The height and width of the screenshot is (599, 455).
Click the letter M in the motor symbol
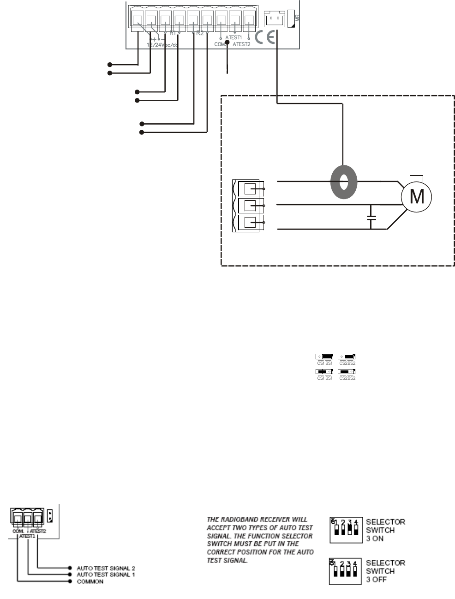(x=417, y=197)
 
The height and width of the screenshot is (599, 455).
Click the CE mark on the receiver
(x=265, y=37)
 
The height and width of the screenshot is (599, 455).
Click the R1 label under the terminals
(x=173, y=33)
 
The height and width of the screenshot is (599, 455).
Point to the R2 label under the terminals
(x=200, y=33)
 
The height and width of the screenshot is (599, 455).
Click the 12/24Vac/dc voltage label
(x=162, y=45)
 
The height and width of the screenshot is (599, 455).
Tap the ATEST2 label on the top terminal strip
(x=241, y=44)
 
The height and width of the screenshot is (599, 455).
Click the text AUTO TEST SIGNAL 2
(x=106, y=568)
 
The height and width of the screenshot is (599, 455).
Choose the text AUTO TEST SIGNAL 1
(x=106, y=575)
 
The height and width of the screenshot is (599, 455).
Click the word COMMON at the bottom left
(x=90, y=581)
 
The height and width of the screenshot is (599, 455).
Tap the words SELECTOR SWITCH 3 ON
(x=385, y=530)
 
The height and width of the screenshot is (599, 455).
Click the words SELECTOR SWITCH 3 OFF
(x=385, y=571)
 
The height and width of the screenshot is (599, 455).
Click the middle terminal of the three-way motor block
(x=250, y=206)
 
